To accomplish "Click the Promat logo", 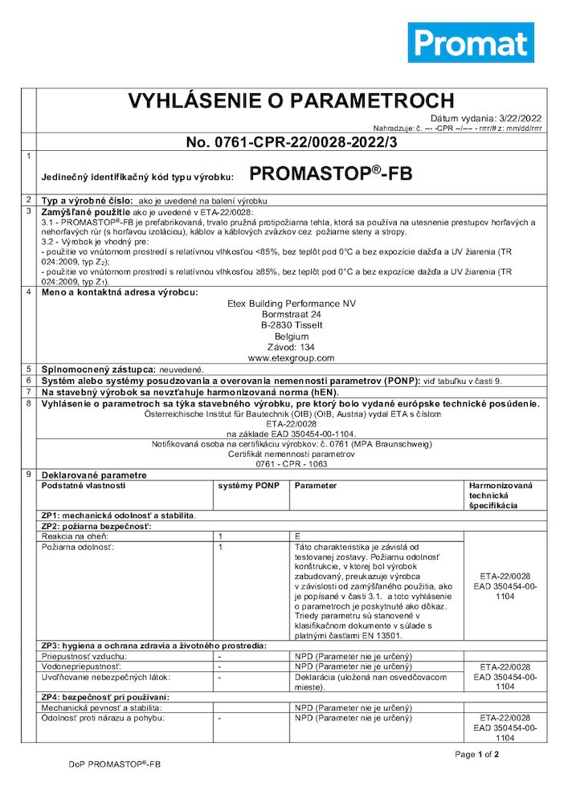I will click(470, 43).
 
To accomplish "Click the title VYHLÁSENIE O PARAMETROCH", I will click(292, 101).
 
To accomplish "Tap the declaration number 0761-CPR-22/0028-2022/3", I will click(292, 142).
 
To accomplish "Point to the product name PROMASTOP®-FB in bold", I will click(331, 173).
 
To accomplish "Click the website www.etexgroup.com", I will click(292, 358).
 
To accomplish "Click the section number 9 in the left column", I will click(29, 475).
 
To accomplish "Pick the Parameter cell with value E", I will click(298, 535).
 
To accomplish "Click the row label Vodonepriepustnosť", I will click(81, 666).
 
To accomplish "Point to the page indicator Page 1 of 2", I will click(477, 754).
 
